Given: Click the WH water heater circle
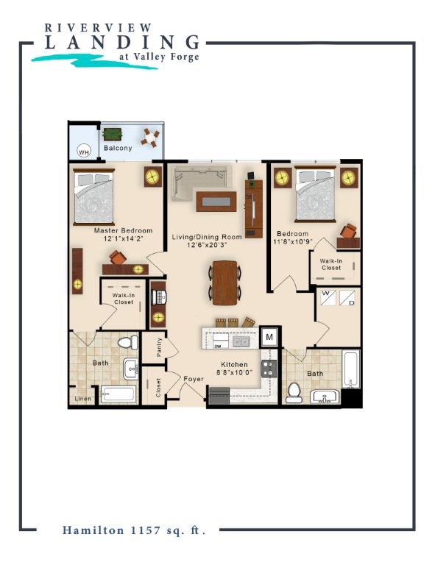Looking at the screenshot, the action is click(84, 152).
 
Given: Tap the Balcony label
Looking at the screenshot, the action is click(118, 148).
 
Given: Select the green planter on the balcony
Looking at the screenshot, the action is click(113, 135).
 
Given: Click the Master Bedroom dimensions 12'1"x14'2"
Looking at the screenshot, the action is click(124, 238).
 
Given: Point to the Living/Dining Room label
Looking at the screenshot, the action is click(207, 237).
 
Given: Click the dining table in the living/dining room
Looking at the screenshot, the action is click(224, 282).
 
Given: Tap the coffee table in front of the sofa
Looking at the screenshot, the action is click(216, 202).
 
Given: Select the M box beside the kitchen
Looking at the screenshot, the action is click(269, 337).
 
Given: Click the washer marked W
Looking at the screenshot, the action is click(328, 297).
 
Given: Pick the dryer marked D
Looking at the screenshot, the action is click(347, 298).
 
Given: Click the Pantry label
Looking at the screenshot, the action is click(159, 347).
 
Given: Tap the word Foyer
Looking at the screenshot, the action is click(194, 379).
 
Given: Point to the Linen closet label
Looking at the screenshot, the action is click(82, 399).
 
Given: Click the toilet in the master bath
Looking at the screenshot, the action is click(128, 343).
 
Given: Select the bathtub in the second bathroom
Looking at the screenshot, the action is click(350, 369).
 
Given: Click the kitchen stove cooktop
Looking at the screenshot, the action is click(269, 369).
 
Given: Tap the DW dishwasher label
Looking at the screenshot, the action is click(217, 346).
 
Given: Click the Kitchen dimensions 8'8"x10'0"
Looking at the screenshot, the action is click(234, 372).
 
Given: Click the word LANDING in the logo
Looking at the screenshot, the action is click(122, 42).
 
